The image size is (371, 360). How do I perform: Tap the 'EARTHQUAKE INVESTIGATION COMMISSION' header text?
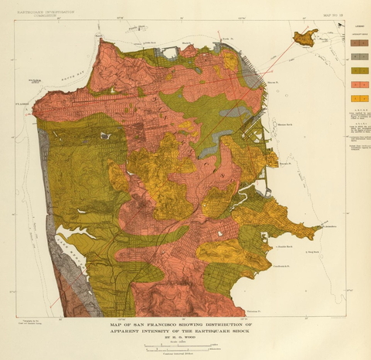coord(41,12)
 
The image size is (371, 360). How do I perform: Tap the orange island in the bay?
coord(305,36)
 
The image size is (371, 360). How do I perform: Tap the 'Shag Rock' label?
coord(313,251)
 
